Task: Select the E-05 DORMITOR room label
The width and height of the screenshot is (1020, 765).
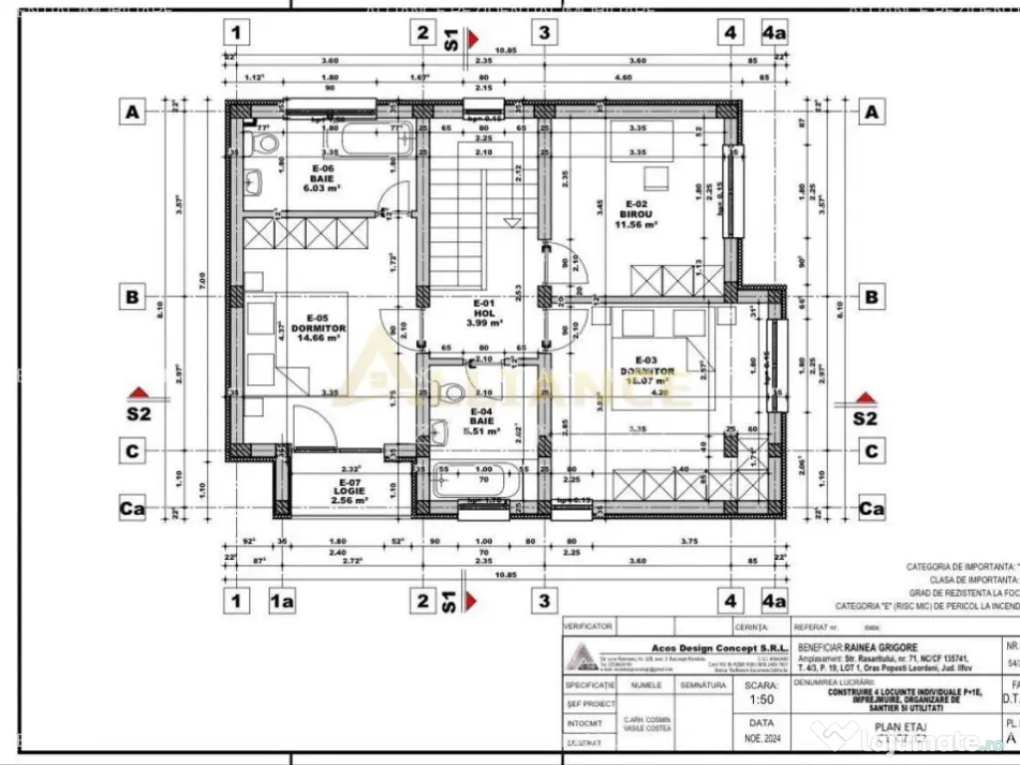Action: click(x=321, y=333)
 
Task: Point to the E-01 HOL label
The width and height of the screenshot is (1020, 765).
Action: click(x=484, y=313)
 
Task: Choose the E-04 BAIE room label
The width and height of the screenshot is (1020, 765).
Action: click(x=482, y=424)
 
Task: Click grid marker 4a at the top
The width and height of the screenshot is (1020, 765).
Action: click(x=774, y=32)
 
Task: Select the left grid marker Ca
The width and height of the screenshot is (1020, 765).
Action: click(x=132, y=509)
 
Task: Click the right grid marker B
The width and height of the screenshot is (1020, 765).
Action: click(x=872, y=296)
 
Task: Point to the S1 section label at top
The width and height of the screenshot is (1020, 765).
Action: click(x=450, y=39)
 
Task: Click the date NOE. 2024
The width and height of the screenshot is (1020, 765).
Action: click(x=761, y=740)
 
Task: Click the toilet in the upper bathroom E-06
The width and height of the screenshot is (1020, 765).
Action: click(x=265, y=146)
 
